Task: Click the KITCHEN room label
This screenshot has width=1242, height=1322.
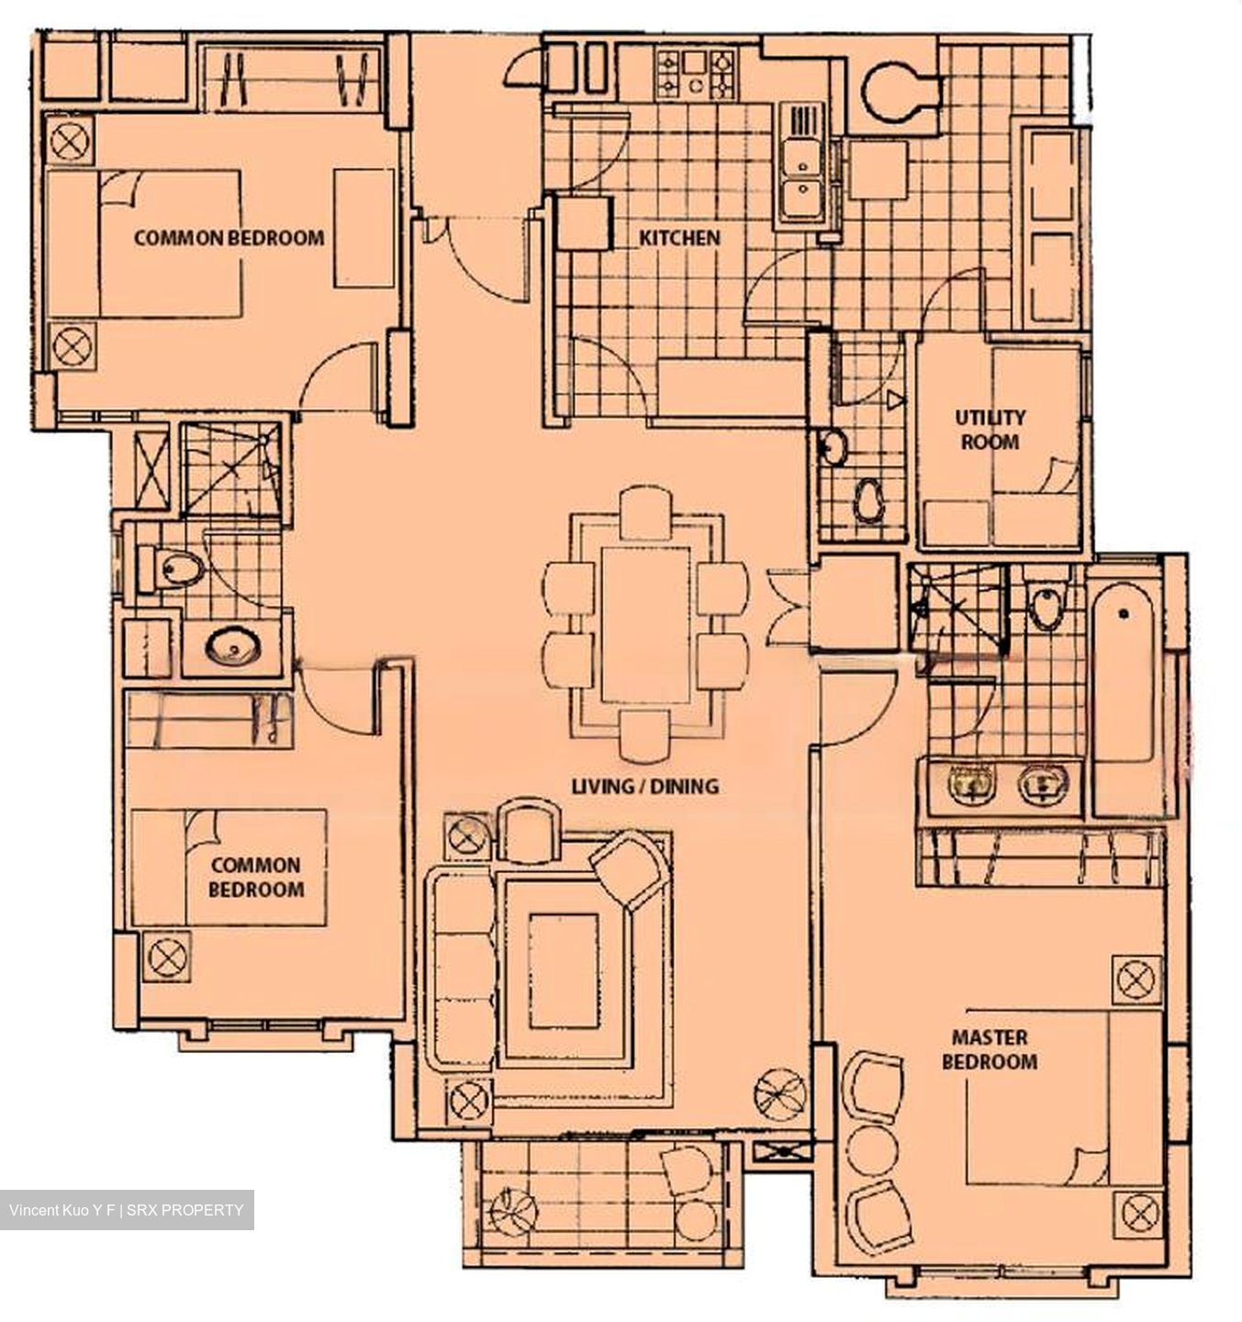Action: [679, 238]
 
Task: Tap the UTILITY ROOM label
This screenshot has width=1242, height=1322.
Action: [990, 430]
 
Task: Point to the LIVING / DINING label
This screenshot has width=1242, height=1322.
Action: [644, 786]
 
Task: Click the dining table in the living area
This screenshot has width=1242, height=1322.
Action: [646, 624]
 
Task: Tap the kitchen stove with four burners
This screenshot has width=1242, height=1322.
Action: [696, 74]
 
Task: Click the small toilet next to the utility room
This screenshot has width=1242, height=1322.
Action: [867, 501]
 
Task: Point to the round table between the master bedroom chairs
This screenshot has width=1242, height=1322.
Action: [872, 1148]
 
